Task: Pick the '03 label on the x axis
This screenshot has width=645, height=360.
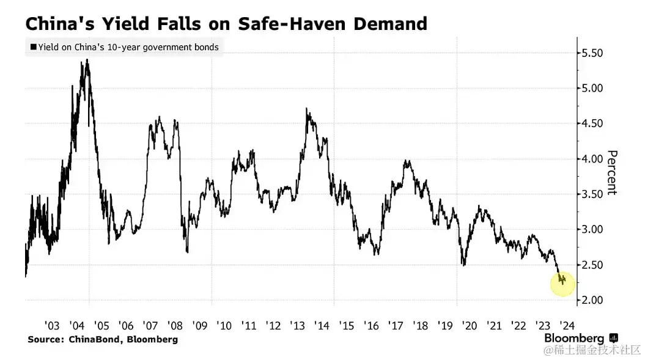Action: pos(53,324)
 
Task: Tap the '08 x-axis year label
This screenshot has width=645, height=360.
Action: pos(175,324)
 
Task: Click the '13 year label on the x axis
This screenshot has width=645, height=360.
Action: pos(297,324)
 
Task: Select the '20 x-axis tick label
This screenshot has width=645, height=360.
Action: pos(470,324)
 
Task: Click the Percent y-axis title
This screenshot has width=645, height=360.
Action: pos(612,172)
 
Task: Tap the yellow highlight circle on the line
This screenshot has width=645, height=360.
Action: pos(562,284)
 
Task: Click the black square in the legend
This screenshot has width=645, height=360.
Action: pos(33,47)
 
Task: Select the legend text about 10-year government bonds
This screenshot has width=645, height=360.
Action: pos(128,47)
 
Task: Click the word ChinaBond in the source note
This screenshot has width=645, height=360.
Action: pos(92,339)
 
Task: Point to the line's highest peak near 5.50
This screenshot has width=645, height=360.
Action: pos(87,60)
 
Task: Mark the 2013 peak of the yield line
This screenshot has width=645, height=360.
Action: pos(308,109)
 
